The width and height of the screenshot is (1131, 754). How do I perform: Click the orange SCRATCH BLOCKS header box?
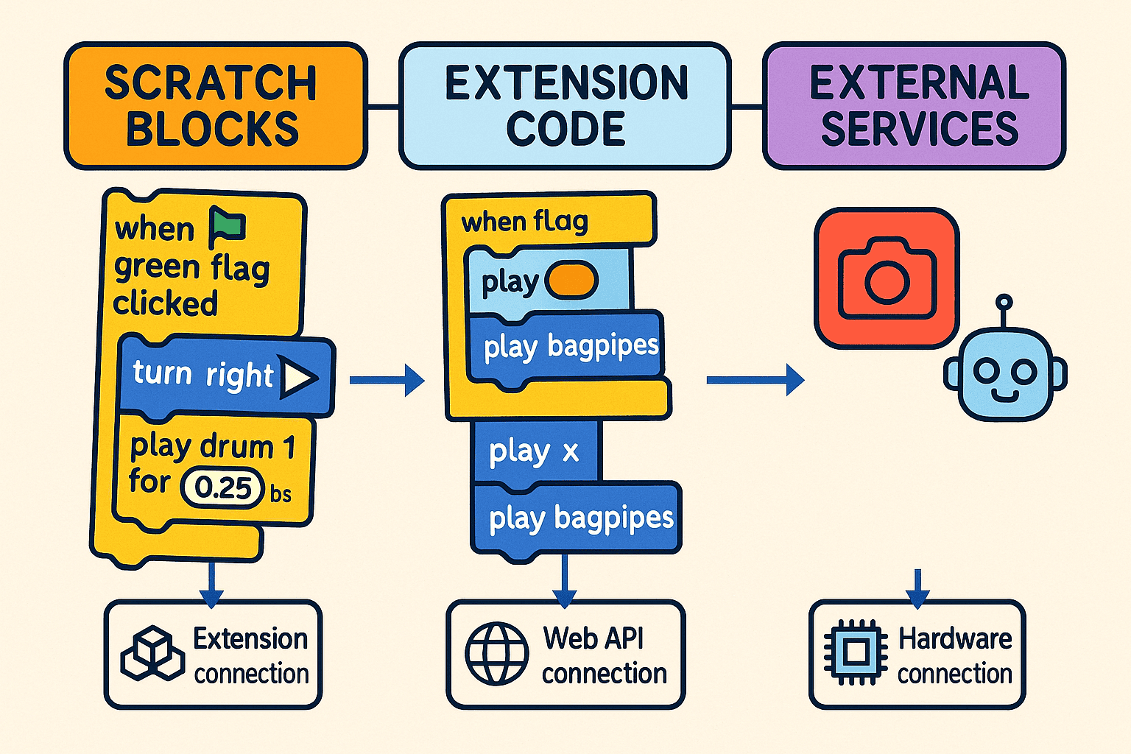click(x=215, y=105)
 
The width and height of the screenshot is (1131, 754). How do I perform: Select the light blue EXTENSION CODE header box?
click(x=565, y=105)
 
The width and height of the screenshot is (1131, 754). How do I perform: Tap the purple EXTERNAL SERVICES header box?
click(x=914, y=105)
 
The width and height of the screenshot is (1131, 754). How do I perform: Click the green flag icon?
click(x=227, y=226)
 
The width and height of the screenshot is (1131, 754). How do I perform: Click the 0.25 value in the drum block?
click(x=223, y=488)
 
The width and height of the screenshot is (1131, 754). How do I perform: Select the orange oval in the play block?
click(x=571, y=281)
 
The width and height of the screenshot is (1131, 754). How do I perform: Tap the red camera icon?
click(x=887, y=278)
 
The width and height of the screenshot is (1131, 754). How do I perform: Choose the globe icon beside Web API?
click(x=497, y=654)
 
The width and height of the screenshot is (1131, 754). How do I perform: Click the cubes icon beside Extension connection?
click(x=152, y=653)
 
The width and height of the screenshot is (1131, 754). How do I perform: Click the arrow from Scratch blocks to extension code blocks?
click(x=387, y=381)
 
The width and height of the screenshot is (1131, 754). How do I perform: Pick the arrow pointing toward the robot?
click(x=755, y=380)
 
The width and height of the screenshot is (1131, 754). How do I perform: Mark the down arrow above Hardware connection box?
click(x=917, y=588)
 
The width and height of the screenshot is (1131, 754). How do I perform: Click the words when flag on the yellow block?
click(x=524, y=222)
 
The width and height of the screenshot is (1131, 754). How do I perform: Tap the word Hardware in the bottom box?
click(x=955, y=638)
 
